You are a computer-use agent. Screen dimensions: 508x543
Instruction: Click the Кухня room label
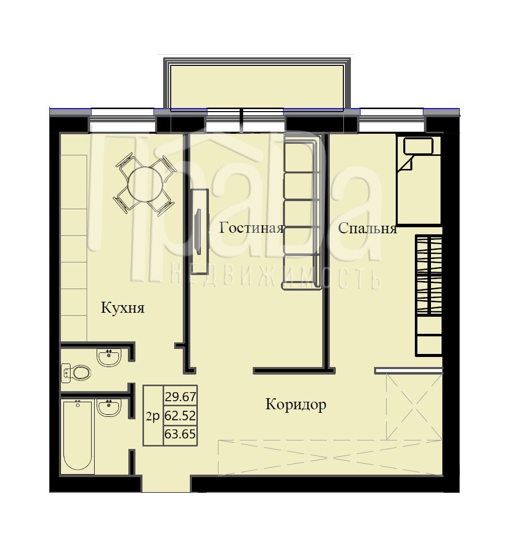(x=122, y=308)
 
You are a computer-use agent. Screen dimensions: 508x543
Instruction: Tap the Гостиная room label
(x=251, y=228)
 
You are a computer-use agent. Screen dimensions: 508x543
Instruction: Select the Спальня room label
(x=367, y=229)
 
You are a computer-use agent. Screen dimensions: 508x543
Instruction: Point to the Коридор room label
(x=296, y=404)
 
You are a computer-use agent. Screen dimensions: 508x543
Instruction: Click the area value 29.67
(x=180, y=397)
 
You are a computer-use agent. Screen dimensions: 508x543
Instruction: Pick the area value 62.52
(x=180, y=415)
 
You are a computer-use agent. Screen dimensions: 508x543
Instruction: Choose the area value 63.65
(x=180, y=433)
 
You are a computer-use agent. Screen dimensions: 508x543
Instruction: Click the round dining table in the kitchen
(x=146, y=184)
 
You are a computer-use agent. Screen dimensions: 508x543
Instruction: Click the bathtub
(x=78, y=436)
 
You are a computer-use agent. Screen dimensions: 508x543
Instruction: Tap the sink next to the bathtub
(x=109, y=408)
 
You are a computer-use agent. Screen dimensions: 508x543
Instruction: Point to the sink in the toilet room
(x=109, y=357)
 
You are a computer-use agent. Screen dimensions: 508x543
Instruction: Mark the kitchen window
(x=122, y=120)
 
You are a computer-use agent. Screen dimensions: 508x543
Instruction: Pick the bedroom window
(x=392, y=120)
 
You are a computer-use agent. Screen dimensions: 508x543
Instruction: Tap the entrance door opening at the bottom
(x=166, y=484)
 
